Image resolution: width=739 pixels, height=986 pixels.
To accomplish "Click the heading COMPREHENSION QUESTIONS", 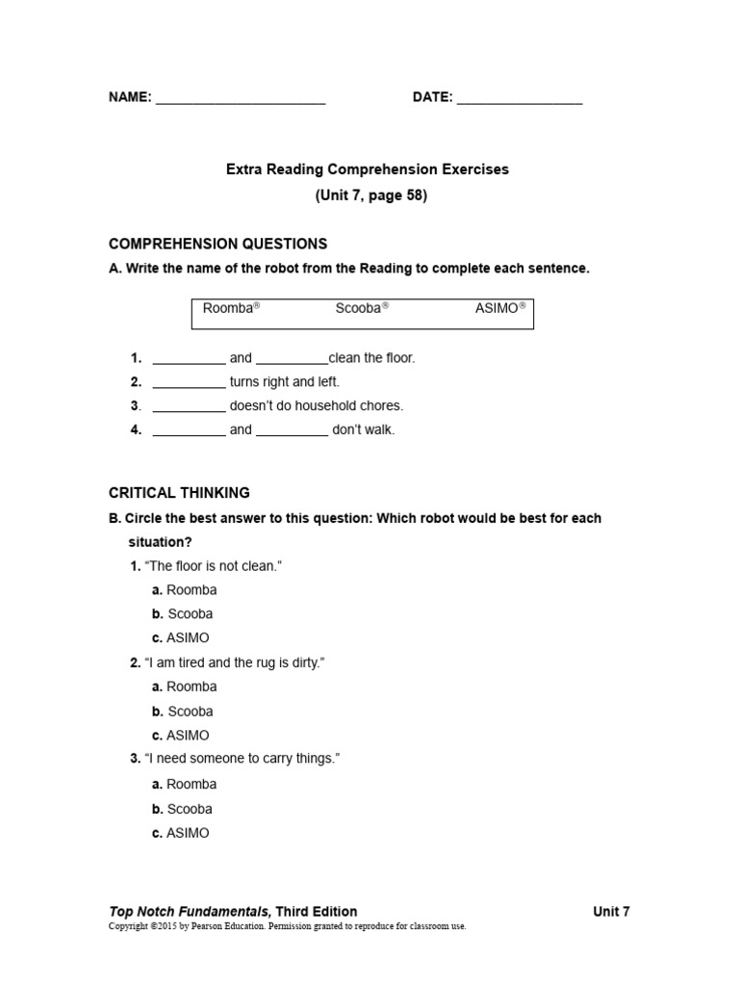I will (217, 244).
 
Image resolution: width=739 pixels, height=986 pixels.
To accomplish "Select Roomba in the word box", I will (231, 309).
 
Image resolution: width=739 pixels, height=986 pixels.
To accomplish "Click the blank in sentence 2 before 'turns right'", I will (190, 383).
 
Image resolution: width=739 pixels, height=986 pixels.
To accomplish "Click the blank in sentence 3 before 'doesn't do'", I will (190, 407).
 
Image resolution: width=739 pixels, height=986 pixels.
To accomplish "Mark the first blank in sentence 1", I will (190, 359).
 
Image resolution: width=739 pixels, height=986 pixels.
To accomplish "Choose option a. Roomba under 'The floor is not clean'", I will (185, 590).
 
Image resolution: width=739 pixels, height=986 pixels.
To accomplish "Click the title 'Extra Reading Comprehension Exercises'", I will (368, 169).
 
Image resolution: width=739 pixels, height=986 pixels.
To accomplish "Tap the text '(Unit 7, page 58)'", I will (370, 195).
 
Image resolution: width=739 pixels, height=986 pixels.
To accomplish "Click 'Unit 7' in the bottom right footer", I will (611, 911).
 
